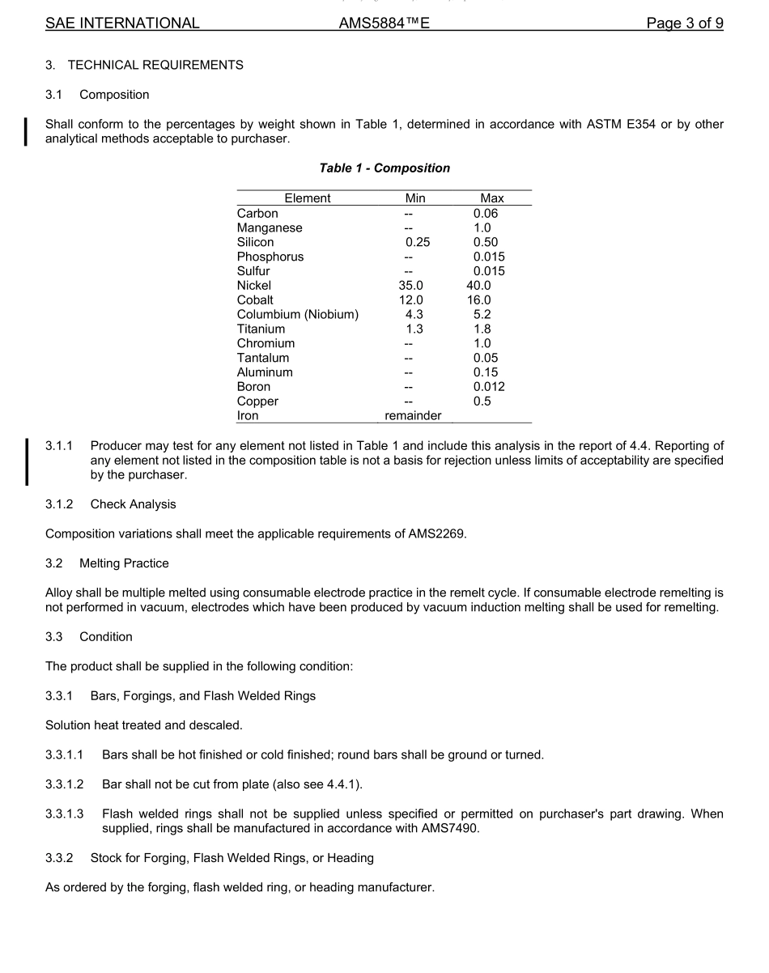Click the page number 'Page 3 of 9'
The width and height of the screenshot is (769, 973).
[x=684, y=23]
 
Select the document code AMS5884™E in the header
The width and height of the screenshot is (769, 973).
[x=384, y=23]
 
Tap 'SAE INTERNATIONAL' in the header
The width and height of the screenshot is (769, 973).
[x=122, y=23]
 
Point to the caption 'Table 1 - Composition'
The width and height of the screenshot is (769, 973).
[x=384, y=168]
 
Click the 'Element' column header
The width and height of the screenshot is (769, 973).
[x=308, y=198]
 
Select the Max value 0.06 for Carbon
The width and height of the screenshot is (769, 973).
[x=486, y=214]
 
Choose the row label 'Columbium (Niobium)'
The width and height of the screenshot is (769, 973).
[x=298, y=315]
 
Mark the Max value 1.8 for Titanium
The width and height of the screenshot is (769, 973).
[x=482, y=329]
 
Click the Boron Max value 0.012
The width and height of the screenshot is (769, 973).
[x=489, y=387]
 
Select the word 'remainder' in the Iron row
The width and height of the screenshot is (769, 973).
[x=413, y=416]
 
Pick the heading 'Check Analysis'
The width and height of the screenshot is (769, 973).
[x=133, y=504]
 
